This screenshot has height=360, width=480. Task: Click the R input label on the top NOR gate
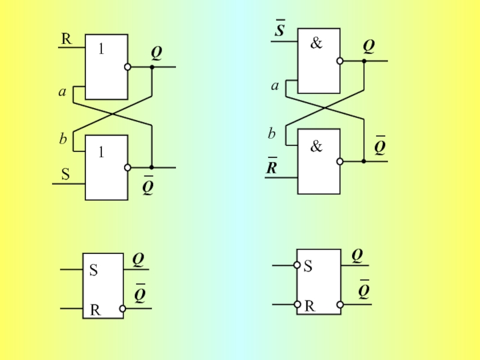coord(67,39)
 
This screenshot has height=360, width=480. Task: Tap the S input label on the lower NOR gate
coord(65,174)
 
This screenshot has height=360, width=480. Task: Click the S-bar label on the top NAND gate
coord(280,28)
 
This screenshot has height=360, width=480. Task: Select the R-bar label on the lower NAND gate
coord(272,166)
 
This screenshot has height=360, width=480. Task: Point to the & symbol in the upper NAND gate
coord(317,43)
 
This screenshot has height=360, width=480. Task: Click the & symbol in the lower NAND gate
coord(317,146)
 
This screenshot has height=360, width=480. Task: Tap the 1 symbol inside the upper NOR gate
coord(101,49)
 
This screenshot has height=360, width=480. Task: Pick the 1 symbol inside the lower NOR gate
coord(101,152)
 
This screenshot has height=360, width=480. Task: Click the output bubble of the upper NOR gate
coord(128,67)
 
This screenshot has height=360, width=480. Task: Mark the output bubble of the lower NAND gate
coord(340,161)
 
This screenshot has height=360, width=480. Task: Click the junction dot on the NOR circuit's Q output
coord(152,67)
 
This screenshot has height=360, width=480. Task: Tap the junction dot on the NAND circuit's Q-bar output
coord(364,161)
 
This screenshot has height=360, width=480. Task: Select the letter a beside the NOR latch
coord(62,92)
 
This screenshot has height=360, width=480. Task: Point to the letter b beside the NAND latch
coord(272,133)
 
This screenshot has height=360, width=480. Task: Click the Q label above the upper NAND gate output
coord(369,47)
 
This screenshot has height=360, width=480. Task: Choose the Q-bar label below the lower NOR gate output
coord(148,185)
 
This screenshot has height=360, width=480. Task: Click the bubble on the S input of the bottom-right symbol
coord(296,265)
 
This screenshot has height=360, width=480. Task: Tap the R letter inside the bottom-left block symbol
coord(95,310)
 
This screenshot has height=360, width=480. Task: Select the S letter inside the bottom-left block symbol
coord(94,270)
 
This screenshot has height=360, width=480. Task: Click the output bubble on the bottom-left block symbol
coord(122,308)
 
